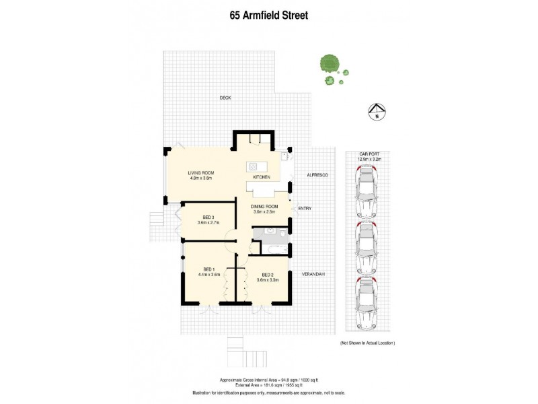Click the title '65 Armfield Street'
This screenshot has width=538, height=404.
[268, 15]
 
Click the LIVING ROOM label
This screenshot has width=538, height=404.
[200, 173]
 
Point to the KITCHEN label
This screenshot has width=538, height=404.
[262, 177]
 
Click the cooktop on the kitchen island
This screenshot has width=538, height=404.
[254, 166]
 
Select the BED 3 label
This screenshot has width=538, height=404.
[208, 217]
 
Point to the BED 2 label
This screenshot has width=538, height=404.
[267, 275]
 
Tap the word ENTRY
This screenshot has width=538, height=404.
[305, 209]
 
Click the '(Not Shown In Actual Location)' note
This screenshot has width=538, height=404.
[367, 343]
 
